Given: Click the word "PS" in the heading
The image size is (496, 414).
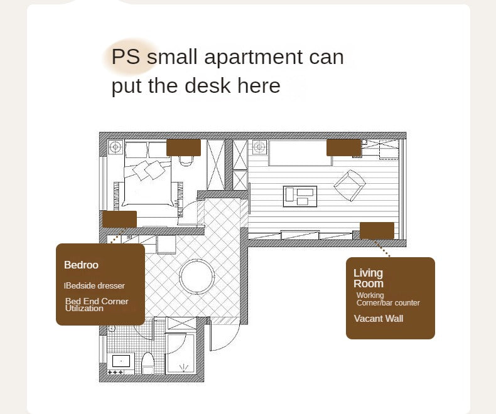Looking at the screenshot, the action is tap(126, 56).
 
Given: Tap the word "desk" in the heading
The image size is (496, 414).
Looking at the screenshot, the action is tap(208, 85).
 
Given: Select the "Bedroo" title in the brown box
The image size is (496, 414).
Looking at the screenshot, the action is tap(81, 265).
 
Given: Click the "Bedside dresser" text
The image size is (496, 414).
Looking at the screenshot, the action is tap(95, 285).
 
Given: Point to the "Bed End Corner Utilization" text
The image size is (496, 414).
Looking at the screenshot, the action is tap(97, 305).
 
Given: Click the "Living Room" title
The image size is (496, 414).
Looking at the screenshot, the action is tap(369, 278).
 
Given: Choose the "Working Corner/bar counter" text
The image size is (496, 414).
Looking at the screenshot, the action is tap(388, 299).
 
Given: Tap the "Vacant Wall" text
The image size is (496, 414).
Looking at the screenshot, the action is tap(379, 319).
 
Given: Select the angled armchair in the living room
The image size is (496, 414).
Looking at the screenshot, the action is tap(350, 185).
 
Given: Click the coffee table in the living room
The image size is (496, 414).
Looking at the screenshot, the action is tap(300, 196).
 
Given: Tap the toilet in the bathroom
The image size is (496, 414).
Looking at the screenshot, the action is tap(148, 363).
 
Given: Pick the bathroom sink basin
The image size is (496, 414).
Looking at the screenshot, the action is tap(121, 361).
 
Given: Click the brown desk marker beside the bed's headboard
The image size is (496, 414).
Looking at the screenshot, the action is tap(183, 147).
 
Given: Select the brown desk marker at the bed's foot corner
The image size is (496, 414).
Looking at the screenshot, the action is tap(119, 220).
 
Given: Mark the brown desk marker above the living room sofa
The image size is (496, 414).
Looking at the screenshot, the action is tap(343, 147).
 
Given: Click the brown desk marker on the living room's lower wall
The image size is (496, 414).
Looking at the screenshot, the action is tap(377, 231).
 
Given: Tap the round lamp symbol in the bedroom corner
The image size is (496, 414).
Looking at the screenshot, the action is tap(116, 147).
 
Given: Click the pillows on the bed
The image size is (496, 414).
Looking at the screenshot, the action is tap(149, 170).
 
